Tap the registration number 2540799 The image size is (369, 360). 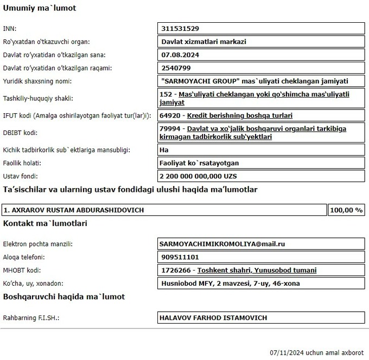(180, 68)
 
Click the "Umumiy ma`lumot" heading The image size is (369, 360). (40, 9)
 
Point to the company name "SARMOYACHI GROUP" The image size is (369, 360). (200, 81)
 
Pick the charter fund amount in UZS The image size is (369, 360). (198, 177)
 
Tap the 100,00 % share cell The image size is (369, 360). (346, 210)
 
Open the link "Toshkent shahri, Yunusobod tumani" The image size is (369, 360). (257, 270)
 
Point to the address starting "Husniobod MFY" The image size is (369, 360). (231, 283)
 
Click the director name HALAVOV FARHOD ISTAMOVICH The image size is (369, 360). (213, 318)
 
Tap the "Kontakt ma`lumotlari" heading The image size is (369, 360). (46, 223)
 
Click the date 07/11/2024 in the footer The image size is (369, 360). (287, 352)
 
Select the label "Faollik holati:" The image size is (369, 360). (22, 163)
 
